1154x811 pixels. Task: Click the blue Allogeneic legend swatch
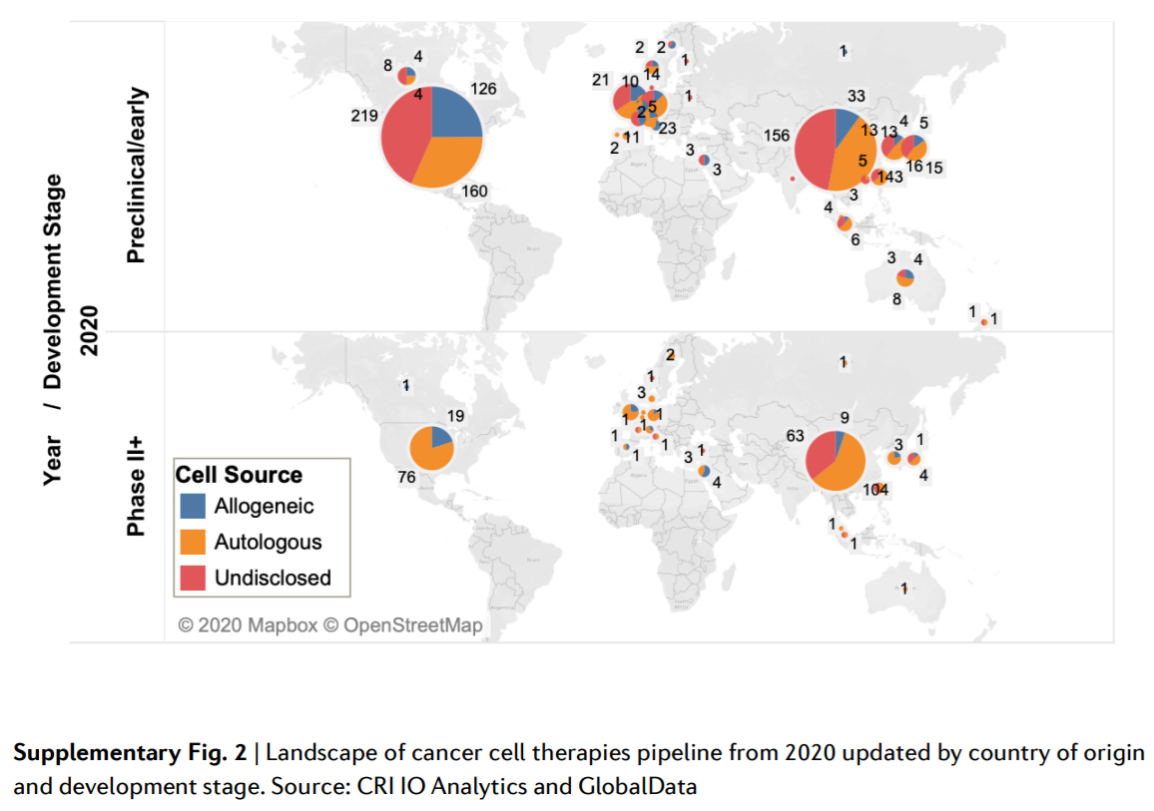click(x=195, y=506)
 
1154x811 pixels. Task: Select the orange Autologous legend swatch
click(x=195, y=542)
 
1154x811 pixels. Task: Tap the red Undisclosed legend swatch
click(x=195, y=578)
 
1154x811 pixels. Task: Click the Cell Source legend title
click(x=239, y=475)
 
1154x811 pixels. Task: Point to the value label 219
click(x=364, y=116)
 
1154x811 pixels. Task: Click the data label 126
click(x=483, y=90)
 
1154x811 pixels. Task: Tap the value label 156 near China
click(x=777, y=136)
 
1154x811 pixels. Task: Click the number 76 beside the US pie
click(x=406, y=478)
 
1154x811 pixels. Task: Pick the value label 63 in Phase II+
click(x=795, y=436)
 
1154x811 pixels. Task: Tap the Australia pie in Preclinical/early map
click(x=904, y=277)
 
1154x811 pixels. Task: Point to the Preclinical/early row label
click(x=136, y=177)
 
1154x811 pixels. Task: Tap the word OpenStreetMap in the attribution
click(x=412, y=625)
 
